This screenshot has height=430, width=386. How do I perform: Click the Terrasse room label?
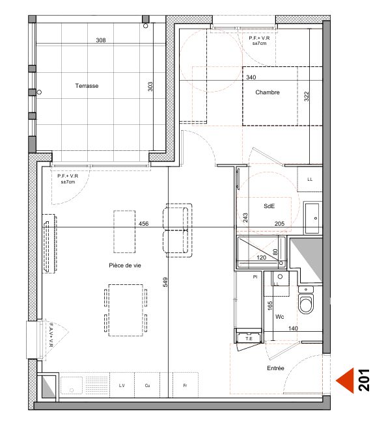(x=87, y=86)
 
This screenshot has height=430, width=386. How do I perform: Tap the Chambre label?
(x=268, y=92)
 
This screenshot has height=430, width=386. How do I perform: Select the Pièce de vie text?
(x=125, y=265)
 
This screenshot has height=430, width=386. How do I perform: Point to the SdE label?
(x=269, y=206)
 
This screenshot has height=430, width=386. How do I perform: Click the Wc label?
(x=279, y=317)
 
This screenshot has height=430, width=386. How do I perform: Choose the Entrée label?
(x=275, y=368)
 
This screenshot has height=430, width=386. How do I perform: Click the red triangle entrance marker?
(x=345, y=381)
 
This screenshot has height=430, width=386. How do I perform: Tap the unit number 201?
(x=365, y=380)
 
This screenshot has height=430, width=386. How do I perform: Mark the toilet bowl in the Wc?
(x=306, y=304)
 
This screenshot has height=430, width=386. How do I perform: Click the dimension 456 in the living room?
(x=143, y=224)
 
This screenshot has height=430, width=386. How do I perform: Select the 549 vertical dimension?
(x=165, y=282)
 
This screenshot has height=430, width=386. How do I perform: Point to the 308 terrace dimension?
(x=101, y=40)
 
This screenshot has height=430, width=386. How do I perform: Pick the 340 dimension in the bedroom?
(x=251, y=77)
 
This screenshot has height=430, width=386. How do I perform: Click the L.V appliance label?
(x=122, y=385)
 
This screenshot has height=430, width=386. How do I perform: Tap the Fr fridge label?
(x=185, y=385)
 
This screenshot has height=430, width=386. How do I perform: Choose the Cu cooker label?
(x=147, y=385)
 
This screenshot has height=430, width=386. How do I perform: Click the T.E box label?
(x=249, y=339)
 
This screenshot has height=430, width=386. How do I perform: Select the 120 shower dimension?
(x=262, y=258)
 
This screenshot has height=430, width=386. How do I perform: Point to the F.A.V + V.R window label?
(x=51, y=335)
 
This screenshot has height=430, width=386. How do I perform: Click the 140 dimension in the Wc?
(x=293, y=329)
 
